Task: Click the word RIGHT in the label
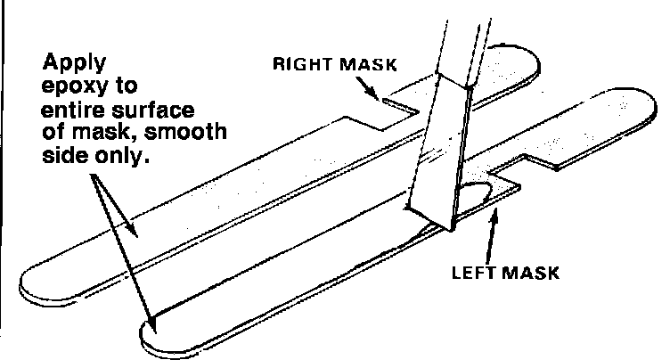[302, 64]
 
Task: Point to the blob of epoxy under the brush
[477, 196]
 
